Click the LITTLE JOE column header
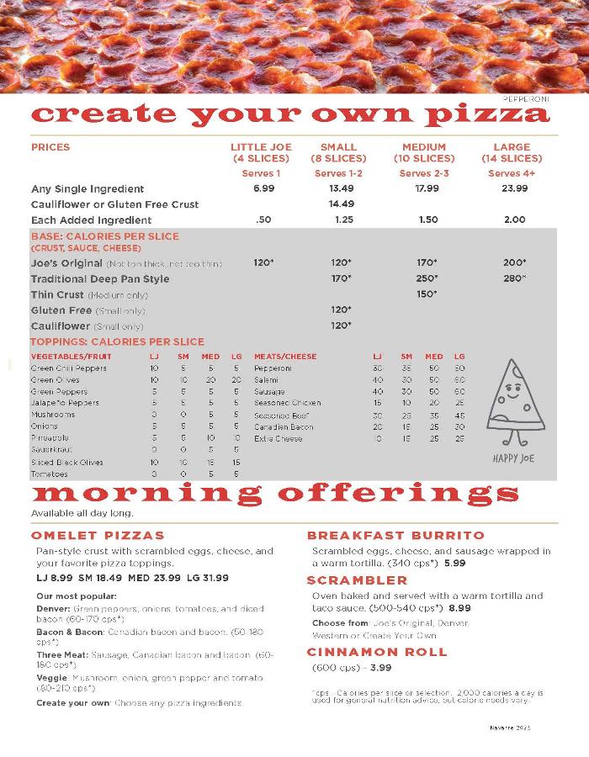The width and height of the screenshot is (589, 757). (x=261, y=152)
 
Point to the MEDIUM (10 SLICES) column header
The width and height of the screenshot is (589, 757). (x=424, y=152)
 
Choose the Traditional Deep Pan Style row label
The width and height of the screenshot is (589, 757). (x=100, y=279)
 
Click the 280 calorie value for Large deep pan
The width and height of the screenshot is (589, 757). (x=514, y=278)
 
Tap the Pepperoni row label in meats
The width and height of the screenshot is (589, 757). (x=273, y=368)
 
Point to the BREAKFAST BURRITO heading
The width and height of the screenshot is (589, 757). (x=395, y=535)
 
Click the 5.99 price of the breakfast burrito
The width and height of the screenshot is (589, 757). (x=455, y=563)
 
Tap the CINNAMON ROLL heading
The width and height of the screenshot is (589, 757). (x=377, y=652)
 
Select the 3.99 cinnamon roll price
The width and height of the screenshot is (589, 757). (x=381, y=668)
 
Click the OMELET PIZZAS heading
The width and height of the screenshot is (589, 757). (x=98, y=535)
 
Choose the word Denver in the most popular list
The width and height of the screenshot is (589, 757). (x=53, y=607)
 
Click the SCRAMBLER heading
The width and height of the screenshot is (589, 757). (x=357, y=580)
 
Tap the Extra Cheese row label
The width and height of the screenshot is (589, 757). (x=278, y=438)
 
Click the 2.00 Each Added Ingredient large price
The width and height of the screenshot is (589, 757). (x=514, y=220)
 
